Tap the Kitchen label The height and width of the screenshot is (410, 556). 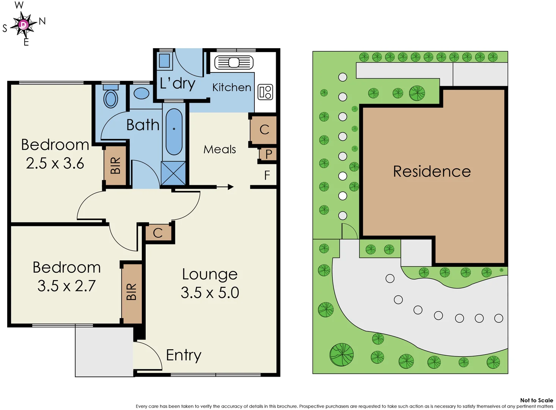tap(231, 87)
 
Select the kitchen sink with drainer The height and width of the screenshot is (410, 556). tap(234, 62)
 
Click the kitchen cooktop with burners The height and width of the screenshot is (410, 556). tap(265, 92)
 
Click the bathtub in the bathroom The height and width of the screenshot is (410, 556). tap(174, 132)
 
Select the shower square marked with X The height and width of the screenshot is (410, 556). tap(173, 173)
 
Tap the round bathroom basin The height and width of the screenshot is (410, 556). tap(141, 93)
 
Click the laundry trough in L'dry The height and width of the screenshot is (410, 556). tap(165, 61)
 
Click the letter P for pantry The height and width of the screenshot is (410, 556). tap(269, 154)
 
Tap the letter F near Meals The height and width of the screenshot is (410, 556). tap(267, 175)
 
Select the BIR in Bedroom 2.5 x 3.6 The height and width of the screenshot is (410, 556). tap(115, 166)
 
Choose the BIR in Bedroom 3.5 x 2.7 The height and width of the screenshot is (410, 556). tap(131, 292)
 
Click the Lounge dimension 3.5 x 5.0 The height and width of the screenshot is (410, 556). tap(210, 293)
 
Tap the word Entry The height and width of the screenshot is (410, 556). tap(184, 355)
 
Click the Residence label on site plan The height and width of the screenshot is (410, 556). tap(432, 172)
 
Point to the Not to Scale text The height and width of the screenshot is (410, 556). tap(536, 400)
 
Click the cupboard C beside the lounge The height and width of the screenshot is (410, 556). tap(158, 233)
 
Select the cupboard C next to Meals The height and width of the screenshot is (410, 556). tap(264, 129)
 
